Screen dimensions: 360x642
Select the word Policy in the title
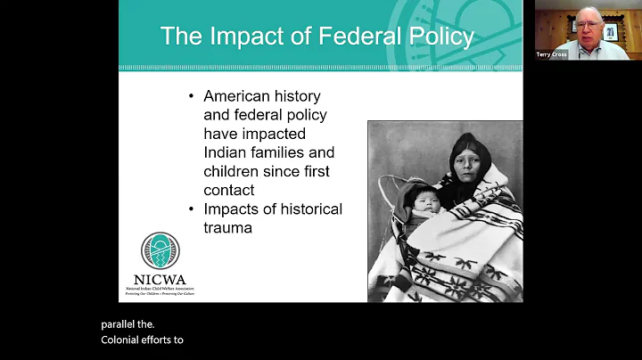tap(437, 37)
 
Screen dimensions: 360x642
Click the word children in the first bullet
tap(237, 171)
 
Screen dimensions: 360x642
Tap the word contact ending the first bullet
tap(229, 190)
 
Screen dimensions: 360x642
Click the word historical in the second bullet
tap(305, 209)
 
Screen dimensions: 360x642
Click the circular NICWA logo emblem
tap(160, 252)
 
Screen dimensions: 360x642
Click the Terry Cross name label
tap(551, 54)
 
